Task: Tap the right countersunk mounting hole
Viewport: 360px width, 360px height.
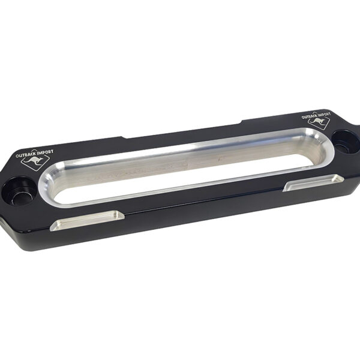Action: (346, 141)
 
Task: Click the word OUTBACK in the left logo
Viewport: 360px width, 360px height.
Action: (25, 155)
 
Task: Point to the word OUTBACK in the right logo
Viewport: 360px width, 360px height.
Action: (308, 115)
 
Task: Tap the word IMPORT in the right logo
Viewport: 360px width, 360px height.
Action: (323, 113)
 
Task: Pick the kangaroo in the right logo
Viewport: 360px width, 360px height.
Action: (318, 121)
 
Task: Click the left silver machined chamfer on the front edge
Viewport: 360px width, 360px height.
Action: (87, 220)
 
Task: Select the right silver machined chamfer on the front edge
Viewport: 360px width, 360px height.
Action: (313, 182)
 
